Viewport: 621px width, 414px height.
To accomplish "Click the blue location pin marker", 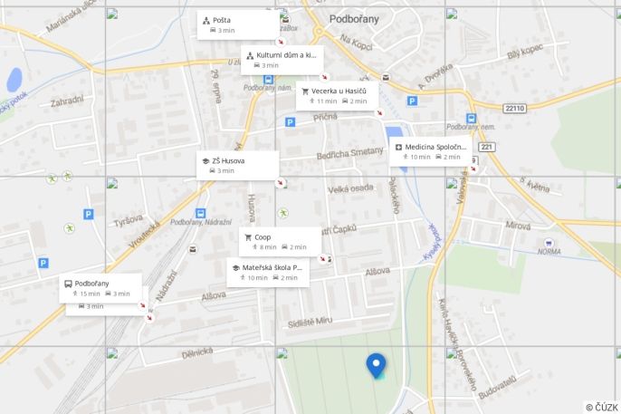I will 376,365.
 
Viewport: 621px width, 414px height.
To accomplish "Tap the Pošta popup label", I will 238,25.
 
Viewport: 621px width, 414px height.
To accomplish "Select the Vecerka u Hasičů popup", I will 337,96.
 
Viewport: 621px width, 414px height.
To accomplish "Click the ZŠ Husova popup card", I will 237,165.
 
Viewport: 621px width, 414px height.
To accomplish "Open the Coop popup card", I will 280,241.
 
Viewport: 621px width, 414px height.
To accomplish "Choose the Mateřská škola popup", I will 268,273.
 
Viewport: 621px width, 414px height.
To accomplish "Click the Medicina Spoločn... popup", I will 429,151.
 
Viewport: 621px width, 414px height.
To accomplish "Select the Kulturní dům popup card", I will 281,60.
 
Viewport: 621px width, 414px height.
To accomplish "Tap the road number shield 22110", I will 514,108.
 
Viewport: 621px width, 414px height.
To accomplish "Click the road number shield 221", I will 487,146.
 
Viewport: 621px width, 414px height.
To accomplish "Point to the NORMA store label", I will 549,251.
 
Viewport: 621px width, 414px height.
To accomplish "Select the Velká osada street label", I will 350,188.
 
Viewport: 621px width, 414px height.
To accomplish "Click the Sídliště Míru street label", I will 310,322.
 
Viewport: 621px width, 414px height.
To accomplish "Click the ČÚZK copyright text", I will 601,407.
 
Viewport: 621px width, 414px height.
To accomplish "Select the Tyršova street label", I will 129,222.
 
